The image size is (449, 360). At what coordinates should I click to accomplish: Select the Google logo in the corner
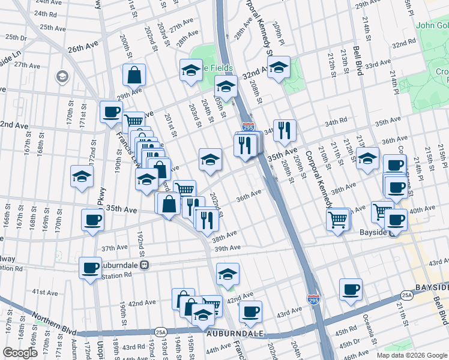[x=20, y=353]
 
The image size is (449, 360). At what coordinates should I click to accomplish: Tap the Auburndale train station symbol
[x=144, y=263]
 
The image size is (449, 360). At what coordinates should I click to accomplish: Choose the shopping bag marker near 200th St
[x=134, y=76]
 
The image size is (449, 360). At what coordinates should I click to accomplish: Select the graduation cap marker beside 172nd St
[x=82, y=177]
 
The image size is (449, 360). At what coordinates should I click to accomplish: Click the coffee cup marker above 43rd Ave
[x=250, y=311]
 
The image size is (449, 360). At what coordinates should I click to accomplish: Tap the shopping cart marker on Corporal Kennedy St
[x=338, y=220]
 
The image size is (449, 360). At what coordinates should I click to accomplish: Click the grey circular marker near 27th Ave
[x=61, y=76]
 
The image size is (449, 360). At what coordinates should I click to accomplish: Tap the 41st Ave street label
[x=44, y=292]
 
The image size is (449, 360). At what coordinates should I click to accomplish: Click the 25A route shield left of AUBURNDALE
[x=160, y=331]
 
